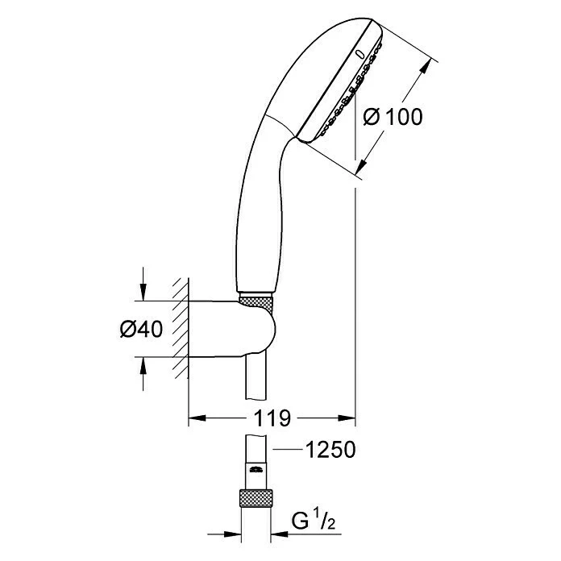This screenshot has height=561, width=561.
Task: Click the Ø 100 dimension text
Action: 393,117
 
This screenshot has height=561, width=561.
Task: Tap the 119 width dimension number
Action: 273,418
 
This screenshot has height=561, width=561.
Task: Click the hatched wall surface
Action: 181,330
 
